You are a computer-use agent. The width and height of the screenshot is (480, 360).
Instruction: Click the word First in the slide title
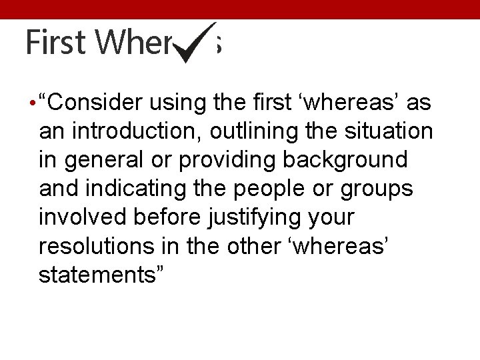click(x=56, y=43)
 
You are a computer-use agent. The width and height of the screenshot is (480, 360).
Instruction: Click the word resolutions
click(x=96, y=246)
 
